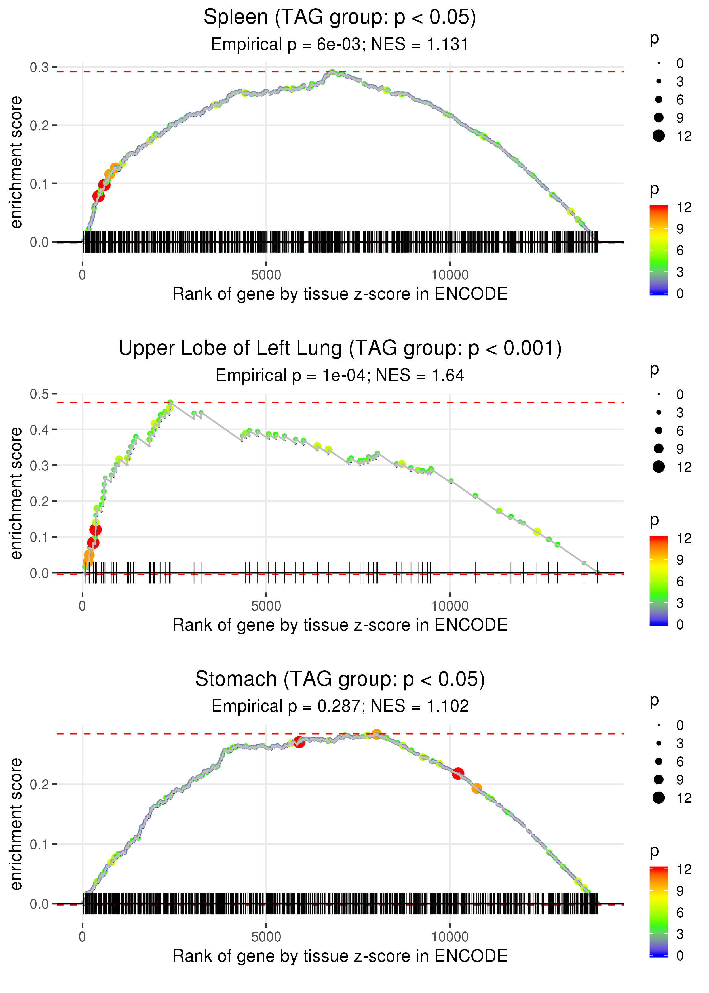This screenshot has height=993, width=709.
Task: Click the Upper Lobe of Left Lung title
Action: (340, 348)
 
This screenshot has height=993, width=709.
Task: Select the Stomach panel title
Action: (340, 679)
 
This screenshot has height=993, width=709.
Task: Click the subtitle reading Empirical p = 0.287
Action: (340, 706)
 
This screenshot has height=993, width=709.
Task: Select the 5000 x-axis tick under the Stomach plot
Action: (266, 937)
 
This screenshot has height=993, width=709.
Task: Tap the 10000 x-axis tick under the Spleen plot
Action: (450, 275)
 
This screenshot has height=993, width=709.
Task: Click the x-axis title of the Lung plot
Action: (340, 625)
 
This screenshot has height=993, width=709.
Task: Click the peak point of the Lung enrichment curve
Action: (170, 403)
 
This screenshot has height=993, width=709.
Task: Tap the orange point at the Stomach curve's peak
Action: (376, 734)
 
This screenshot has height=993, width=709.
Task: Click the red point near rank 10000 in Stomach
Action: (457, 773)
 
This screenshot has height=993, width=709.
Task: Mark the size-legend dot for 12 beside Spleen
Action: (658, 136)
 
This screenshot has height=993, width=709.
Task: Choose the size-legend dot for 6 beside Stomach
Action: (658, 761)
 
